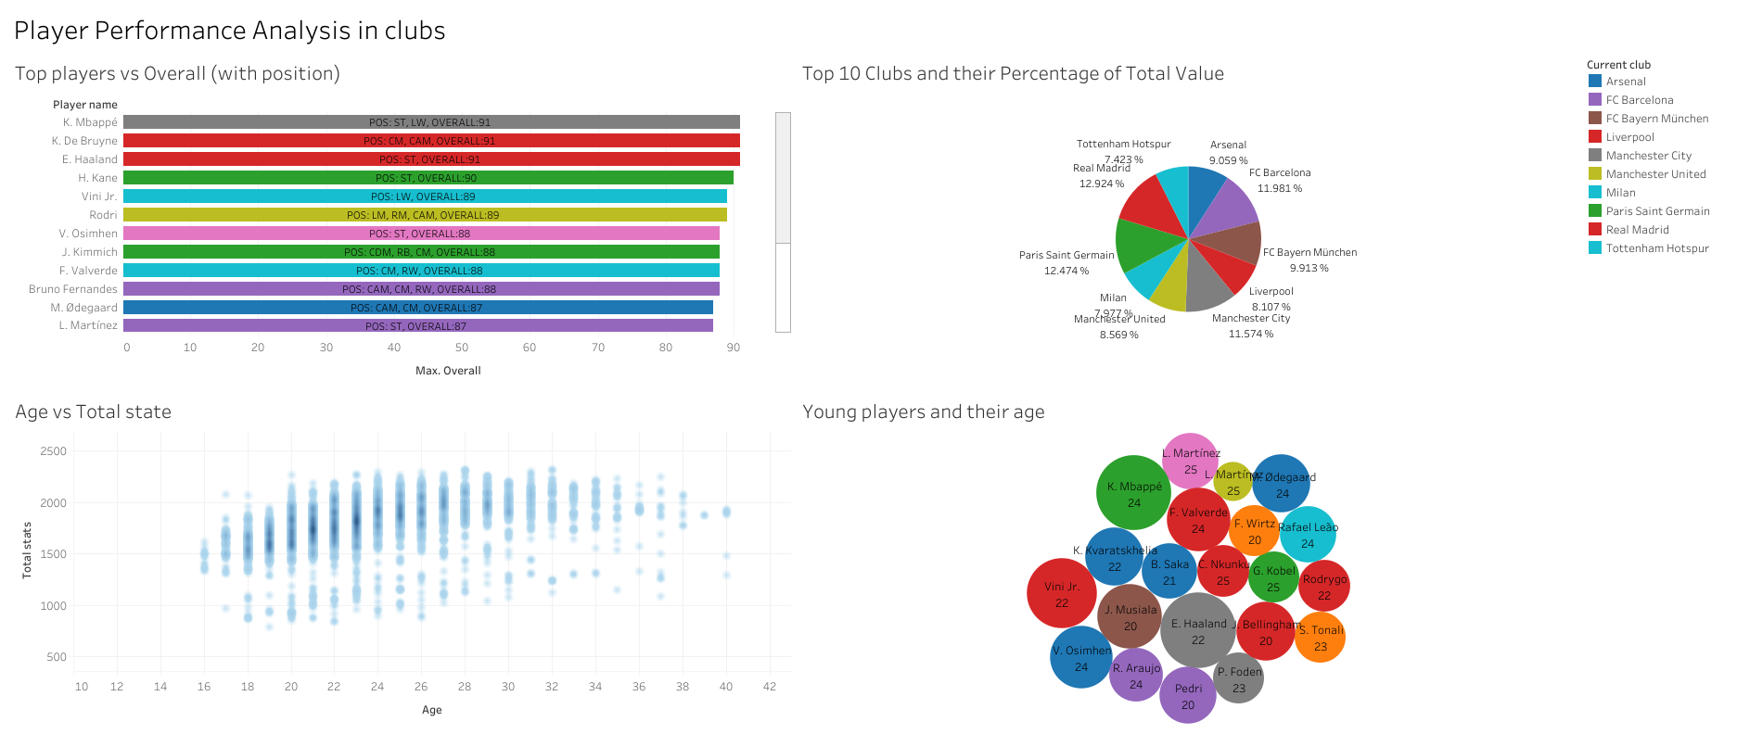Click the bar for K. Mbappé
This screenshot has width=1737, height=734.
click(x=431, y=122)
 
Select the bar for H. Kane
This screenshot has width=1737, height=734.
click(x=428, y=178)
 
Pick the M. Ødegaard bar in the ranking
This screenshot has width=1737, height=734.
click(x=417, y=308)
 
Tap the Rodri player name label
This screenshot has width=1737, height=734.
click(x=103, y=215)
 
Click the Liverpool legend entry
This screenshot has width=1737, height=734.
click(x=1629, y=137)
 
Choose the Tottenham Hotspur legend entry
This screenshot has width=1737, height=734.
click(x=1656, y=248)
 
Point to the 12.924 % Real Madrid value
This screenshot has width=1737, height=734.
click(x=1101, y=183)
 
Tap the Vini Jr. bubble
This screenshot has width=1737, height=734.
click(x=1062, y=594)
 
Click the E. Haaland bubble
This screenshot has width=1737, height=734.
click(x=1198, y=631)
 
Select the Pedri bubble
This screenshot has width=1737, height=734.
click(x=1188, y=696)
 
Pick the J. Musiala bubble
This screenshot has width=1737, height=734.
click(x=1130, y=617)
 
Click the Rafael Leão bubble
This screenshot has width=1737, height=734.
click(x=1308, y=535)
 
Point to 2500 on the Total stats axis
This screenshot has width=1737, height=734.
click(x=54, y=451)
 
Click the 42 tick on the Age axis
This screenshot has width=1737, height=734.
click(x=770, y=687)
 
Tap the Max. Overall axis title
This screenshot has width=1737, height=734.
click(x=448, y=371)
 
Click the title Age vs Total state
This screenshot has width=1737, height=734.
click(x=93, y=411)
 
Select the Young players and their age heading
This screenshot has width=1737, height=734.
click(x=923, y=411)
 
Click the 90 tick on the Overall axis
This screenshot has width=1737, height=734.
click(x=734, y=348)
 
